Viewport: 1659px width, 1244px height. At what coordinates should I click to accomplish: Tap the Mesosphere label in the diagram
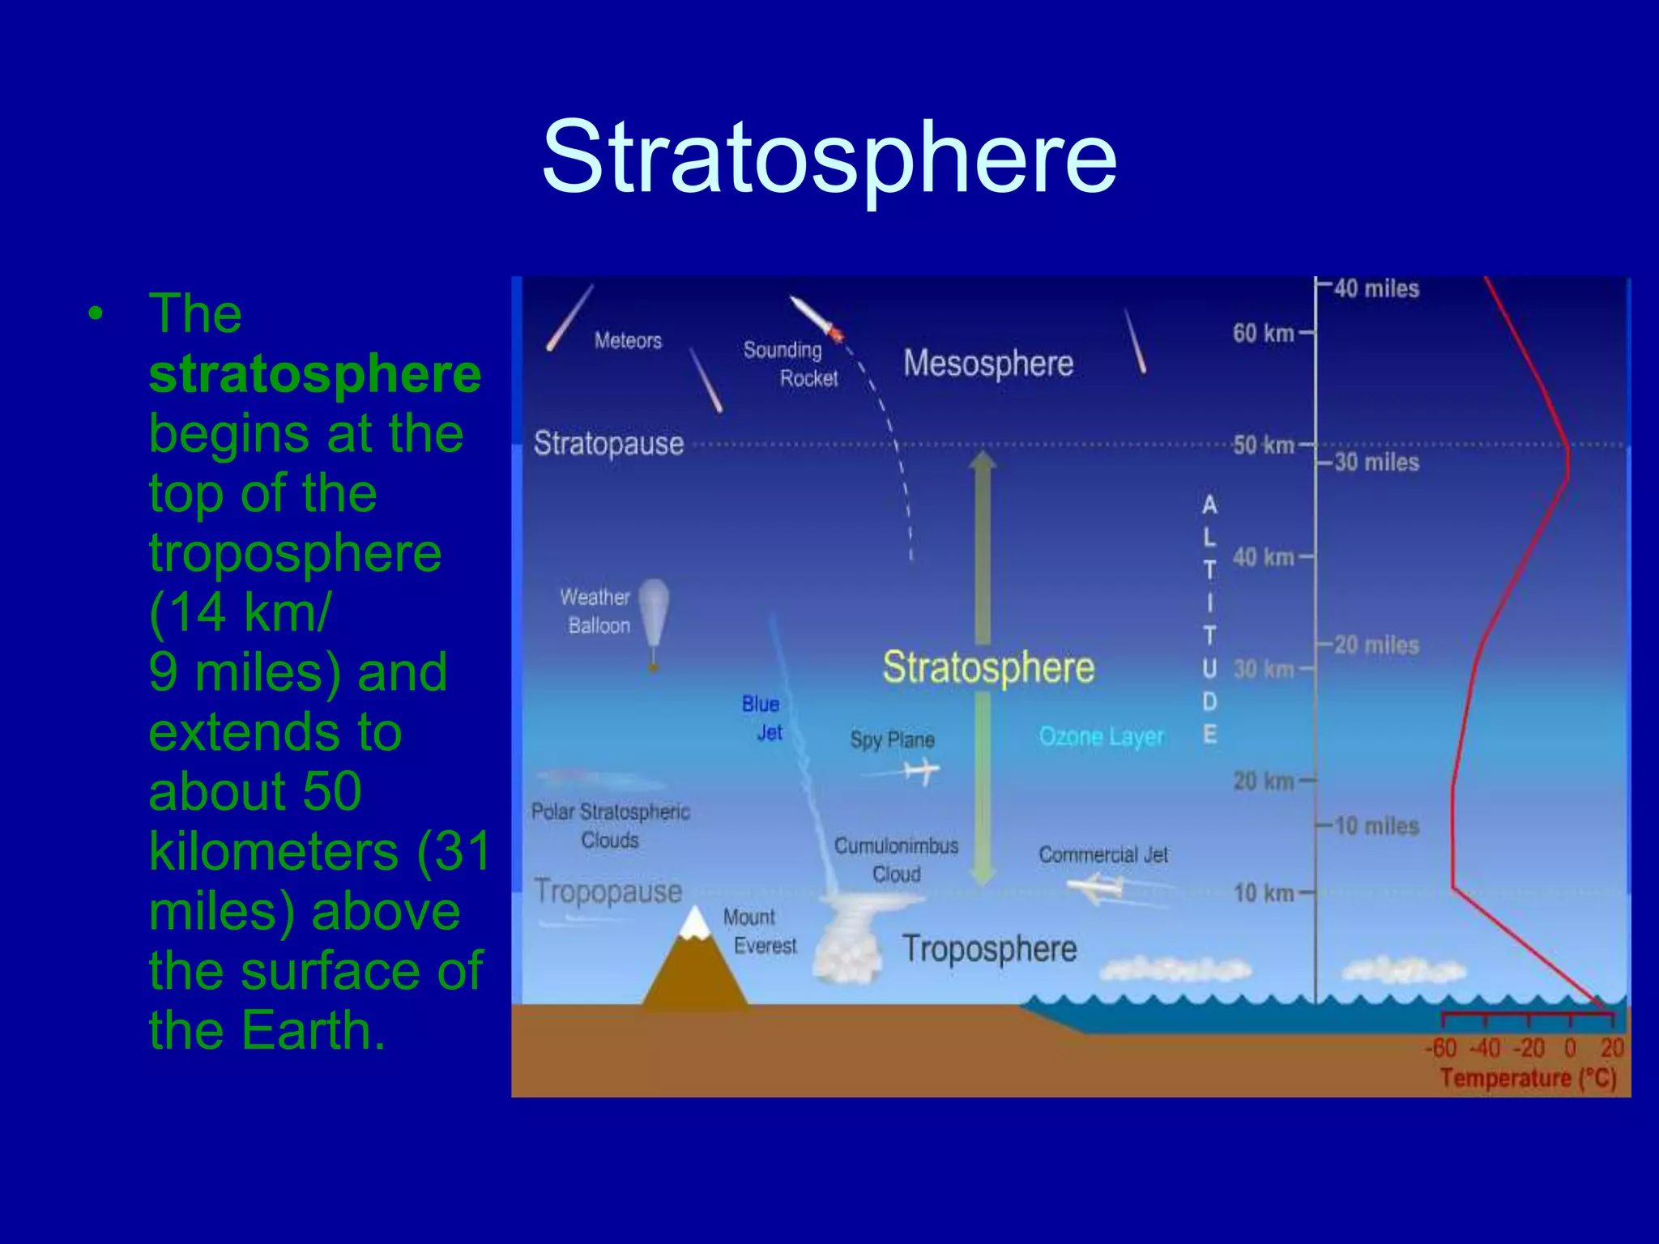[988, 363]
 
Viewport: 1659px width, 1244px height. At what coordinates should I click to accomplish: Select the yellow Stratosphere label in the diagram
[988, 667]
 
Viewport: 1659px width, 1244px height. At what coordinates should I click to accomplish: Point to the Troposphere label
[989, 948]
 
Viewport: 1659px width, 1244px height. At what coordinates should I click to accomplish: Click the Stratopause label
[608, 444]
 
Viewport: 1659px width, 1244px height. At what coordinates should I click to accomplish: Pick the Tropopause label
[608, 892]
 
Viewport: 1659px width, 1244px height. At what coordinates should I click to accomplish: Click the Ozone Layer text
[1101, 736]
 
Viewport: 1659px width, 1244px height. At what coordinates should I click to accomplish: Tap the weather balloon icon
[653, 616]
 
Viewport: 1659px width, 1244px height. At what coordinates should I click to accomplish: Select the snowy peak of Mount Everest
[694, 924]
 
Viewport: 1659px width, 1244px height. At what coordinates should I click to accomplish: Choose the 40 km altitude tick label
[1263, 557]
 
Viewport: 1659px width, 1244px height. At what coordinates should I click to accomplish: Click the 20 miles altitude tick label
[1376, 645]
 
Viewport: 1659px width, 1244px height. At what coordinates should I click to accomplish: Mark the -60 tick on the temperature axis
[1441, 1048]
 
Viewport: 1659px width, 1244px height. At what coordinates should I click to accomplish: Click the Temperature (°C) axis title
[1528, 1078]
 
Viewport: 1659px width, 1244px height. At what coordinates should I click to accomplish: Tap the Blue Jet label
[762, 718]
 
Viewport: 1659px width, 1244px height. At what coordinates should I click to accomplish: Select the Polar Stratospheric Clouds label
[610, 825]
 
